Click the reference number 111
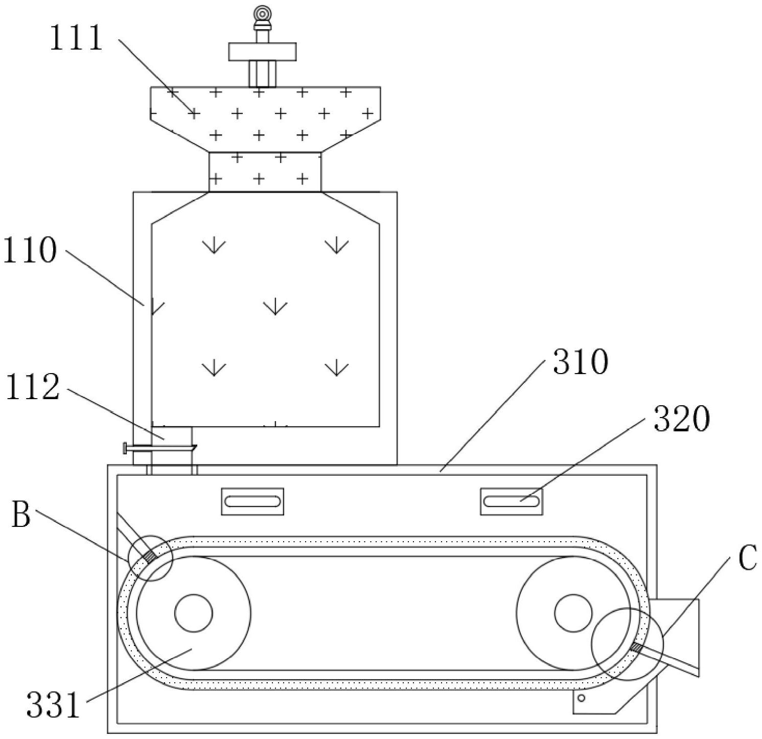tap(77, 38)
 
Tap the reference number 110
tap(30, 251)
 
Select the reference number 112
tap(33, 387)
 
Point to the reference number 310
tap(581, 362)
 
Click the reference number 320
tap(682, 419)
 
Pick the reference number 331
tap(53, 704)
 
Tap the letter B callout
tap(21, 515)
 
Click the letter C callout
tap(747, 558)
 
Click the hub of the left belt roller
tap(193, 613)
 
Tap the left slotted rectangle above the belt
tap(252, 501)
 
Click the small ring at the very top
tap(263, 13)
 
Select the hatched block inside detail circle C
tap(636, 648)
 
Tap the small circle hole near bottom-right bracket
tap(581, 698)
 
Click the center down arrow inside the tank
tap(275, 307)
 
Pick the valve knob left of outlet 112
tap(125, 449)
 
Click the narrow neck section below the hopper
tap(265, 172)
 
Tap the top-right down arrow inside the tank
tap(337, 245)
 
